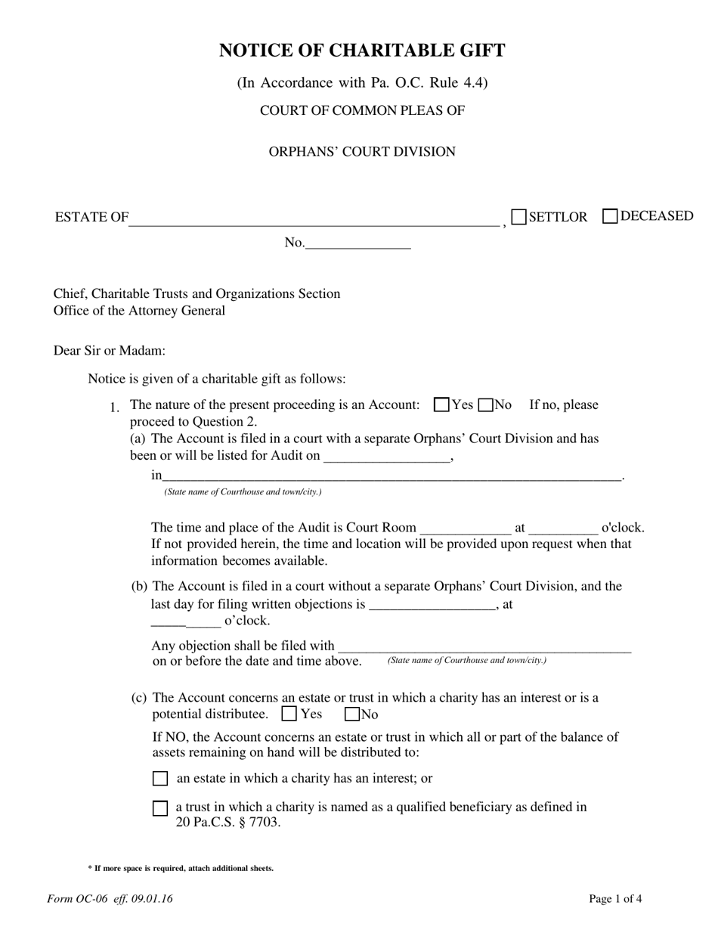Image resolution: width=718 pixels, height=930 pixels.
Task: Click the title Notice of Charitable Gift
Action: pos(362,51)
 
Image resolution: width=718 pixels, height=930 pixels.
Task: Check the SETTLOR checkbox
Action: pos(519,217)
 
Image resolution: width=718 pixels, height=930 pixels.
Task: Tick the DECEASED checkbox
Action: pos(610,216)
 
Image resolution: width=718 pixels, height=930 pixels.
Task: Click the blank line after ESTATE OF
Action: pos(314,219)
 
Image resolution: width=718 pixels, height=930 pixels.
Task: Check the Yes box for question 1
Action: pos(442,405)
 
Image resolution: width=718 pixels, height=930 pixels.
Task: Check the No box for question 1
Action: pos(486,405)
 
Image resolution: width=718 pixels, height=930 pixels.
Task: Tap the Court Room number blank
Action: pos(465,528)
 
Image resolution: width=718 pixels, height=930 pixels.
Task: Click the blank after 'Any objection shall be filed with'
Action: pos(484,646)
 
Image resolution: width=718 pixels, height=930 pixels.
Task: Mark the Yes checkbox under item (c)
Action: pos(289,713)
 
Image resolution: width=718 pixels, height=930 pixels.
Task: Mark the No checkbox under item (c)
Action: pos(352,713)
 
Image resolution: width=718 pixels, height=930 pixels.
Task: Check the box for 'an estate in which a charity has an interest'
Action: pos(160,779)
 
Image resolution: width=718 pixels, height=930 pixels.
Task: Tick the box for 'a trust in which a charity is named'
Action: pos(160,808)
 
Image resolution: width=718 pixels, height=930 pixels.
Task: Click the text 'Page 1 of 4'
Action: pos(615,899)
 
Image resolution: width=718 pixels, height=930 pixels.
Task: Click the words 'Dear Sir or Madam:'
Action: pos(110,351)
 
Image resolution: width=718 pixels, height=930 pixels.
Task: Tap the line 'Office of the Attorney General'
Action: pos(139,311)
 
